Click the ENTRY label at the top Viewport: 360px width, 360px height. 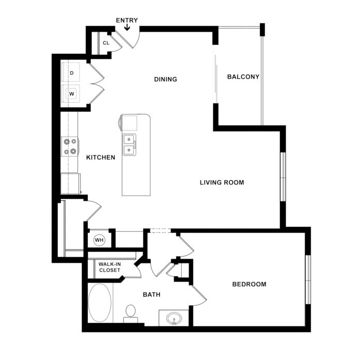[127, 21]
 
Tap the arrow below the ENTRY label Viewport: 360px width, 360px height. [127, 27]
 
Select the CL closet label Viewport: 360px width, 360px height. [106, 43]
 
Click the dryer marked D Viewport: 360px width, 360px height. [71, 72]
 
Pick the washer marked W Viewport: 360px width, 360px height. [71, 93]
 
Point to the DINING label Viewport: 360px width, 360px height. [165, 79]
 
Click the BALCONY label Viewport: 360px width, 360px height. [243, 76]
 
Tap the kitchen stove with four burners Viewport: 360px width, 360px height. [70, 146]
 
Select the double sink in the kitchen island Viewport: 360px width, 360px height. [129, 145]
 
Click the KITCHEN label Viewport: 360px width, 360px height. [101, 157]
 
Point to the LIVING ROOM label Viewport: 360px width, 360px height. [222, 182]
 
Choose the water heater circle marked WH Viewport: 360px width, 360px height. [99, 240]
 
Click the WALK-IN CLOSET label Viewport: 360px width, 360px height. [109, 267]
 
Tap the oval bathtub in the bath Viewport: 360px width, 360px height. [100, 303]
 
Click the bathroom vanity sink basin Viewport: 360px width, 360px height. [174, 319]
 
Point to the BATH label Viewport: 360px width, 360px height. [151, 294]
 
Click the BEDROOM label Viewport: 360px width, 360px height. [249, 284]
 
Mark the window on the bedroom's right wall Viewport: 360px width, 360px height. [308, 279]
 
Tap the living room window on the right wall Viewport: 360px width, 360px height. [283, 177]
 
